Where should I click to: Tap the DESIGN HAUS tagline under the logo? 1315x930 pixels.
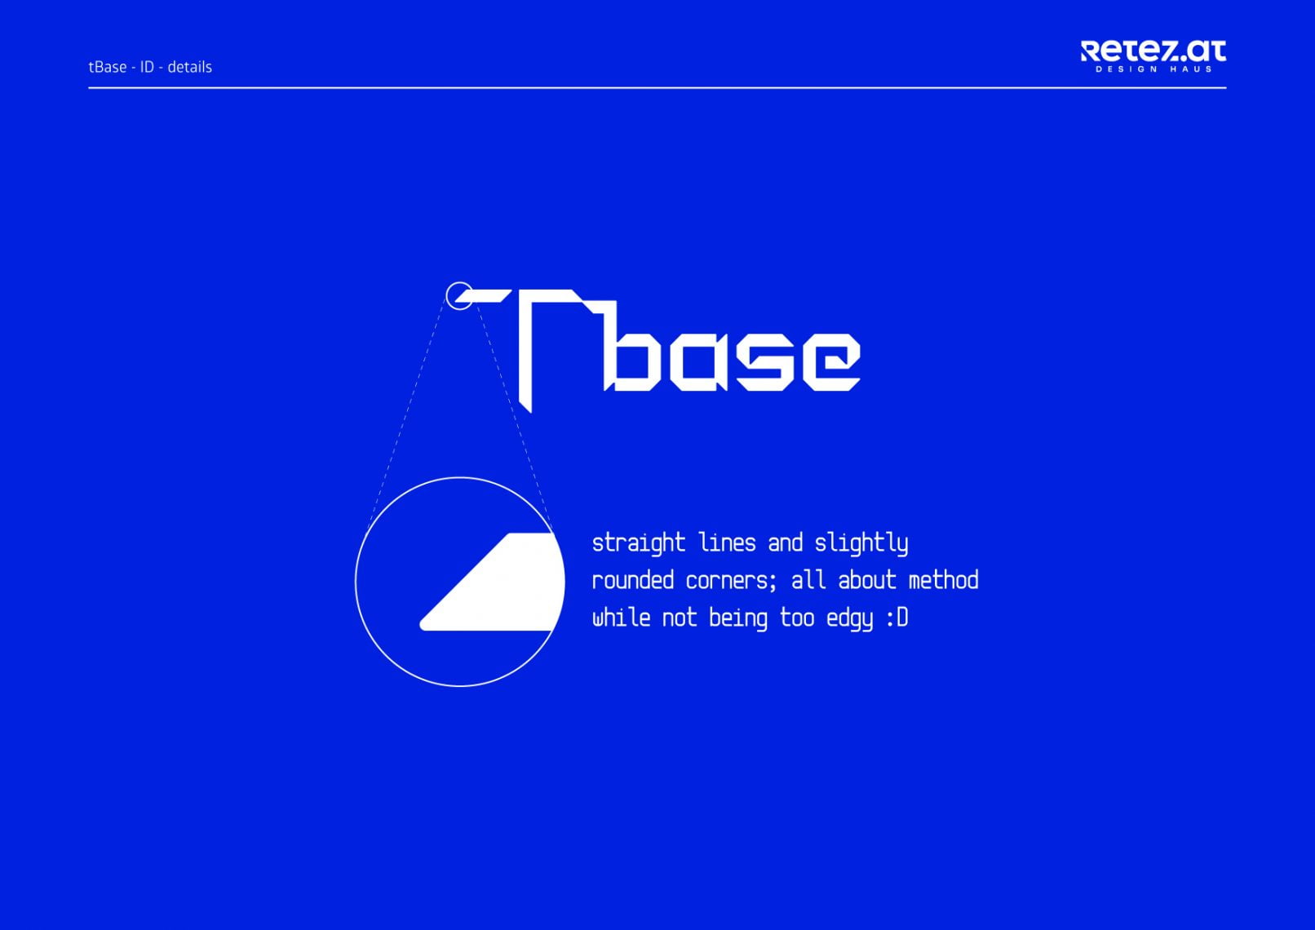click(1153, 69)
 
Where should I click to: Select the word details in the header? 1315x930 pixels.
click(189, 67)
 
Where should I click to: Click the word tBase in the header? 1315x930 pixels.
click(108, 67)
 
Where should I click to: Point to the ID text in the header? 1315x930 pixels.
click(147, 67)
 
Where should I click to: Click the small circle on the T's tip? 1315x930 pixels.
click(459, 295)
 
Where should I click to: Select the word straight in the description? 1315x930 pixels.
click(638, 543)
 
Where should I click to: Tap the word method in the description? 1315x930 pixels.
click(943, 580)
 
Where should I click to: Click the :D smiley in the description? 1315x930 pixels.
click(897, 618)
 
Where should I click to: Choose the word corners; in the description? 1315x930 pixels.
click(732, 581)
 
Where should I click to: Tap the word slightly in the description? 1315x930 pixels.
click(861, 543)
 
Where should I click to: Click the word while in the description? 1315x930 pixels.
click(621, 618)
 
